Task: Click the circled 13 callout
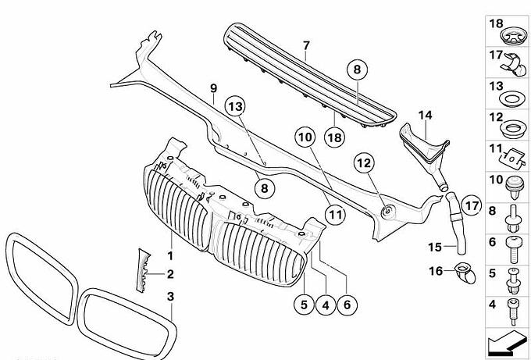click(x=235, y=107)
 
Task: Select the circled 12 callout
click(x=365, y=163)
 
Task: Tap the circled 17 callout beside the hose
click(x=472, y=205)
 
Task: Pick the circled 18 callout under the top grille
click(x=334, y=137)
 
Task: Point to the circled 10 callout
click(x=305, y=137)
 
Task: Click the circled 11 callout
click(x=335, y=215)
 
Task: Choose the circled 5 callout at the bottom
click(x=304, y=305)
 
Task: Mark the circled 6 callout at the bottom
click(x=347, y=305)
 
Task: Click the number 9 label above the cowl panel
click(x=213, y=88)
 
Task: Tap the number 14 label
click(x=425, y=116)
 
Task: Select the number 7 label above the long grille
click(x=306, y=46)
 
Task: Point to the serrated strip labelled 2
click(x=144, y=270)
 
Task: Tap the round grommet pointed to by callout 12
click(x=387, y=212)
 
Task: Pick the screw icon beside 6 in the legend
click(x=514, y=250)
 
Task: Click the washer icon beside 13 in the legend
click(x=510, y=100)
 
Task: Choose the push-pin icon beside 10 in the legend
click(x=513, y=188)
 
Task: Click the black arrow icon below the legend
click(x=506, y=340)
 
